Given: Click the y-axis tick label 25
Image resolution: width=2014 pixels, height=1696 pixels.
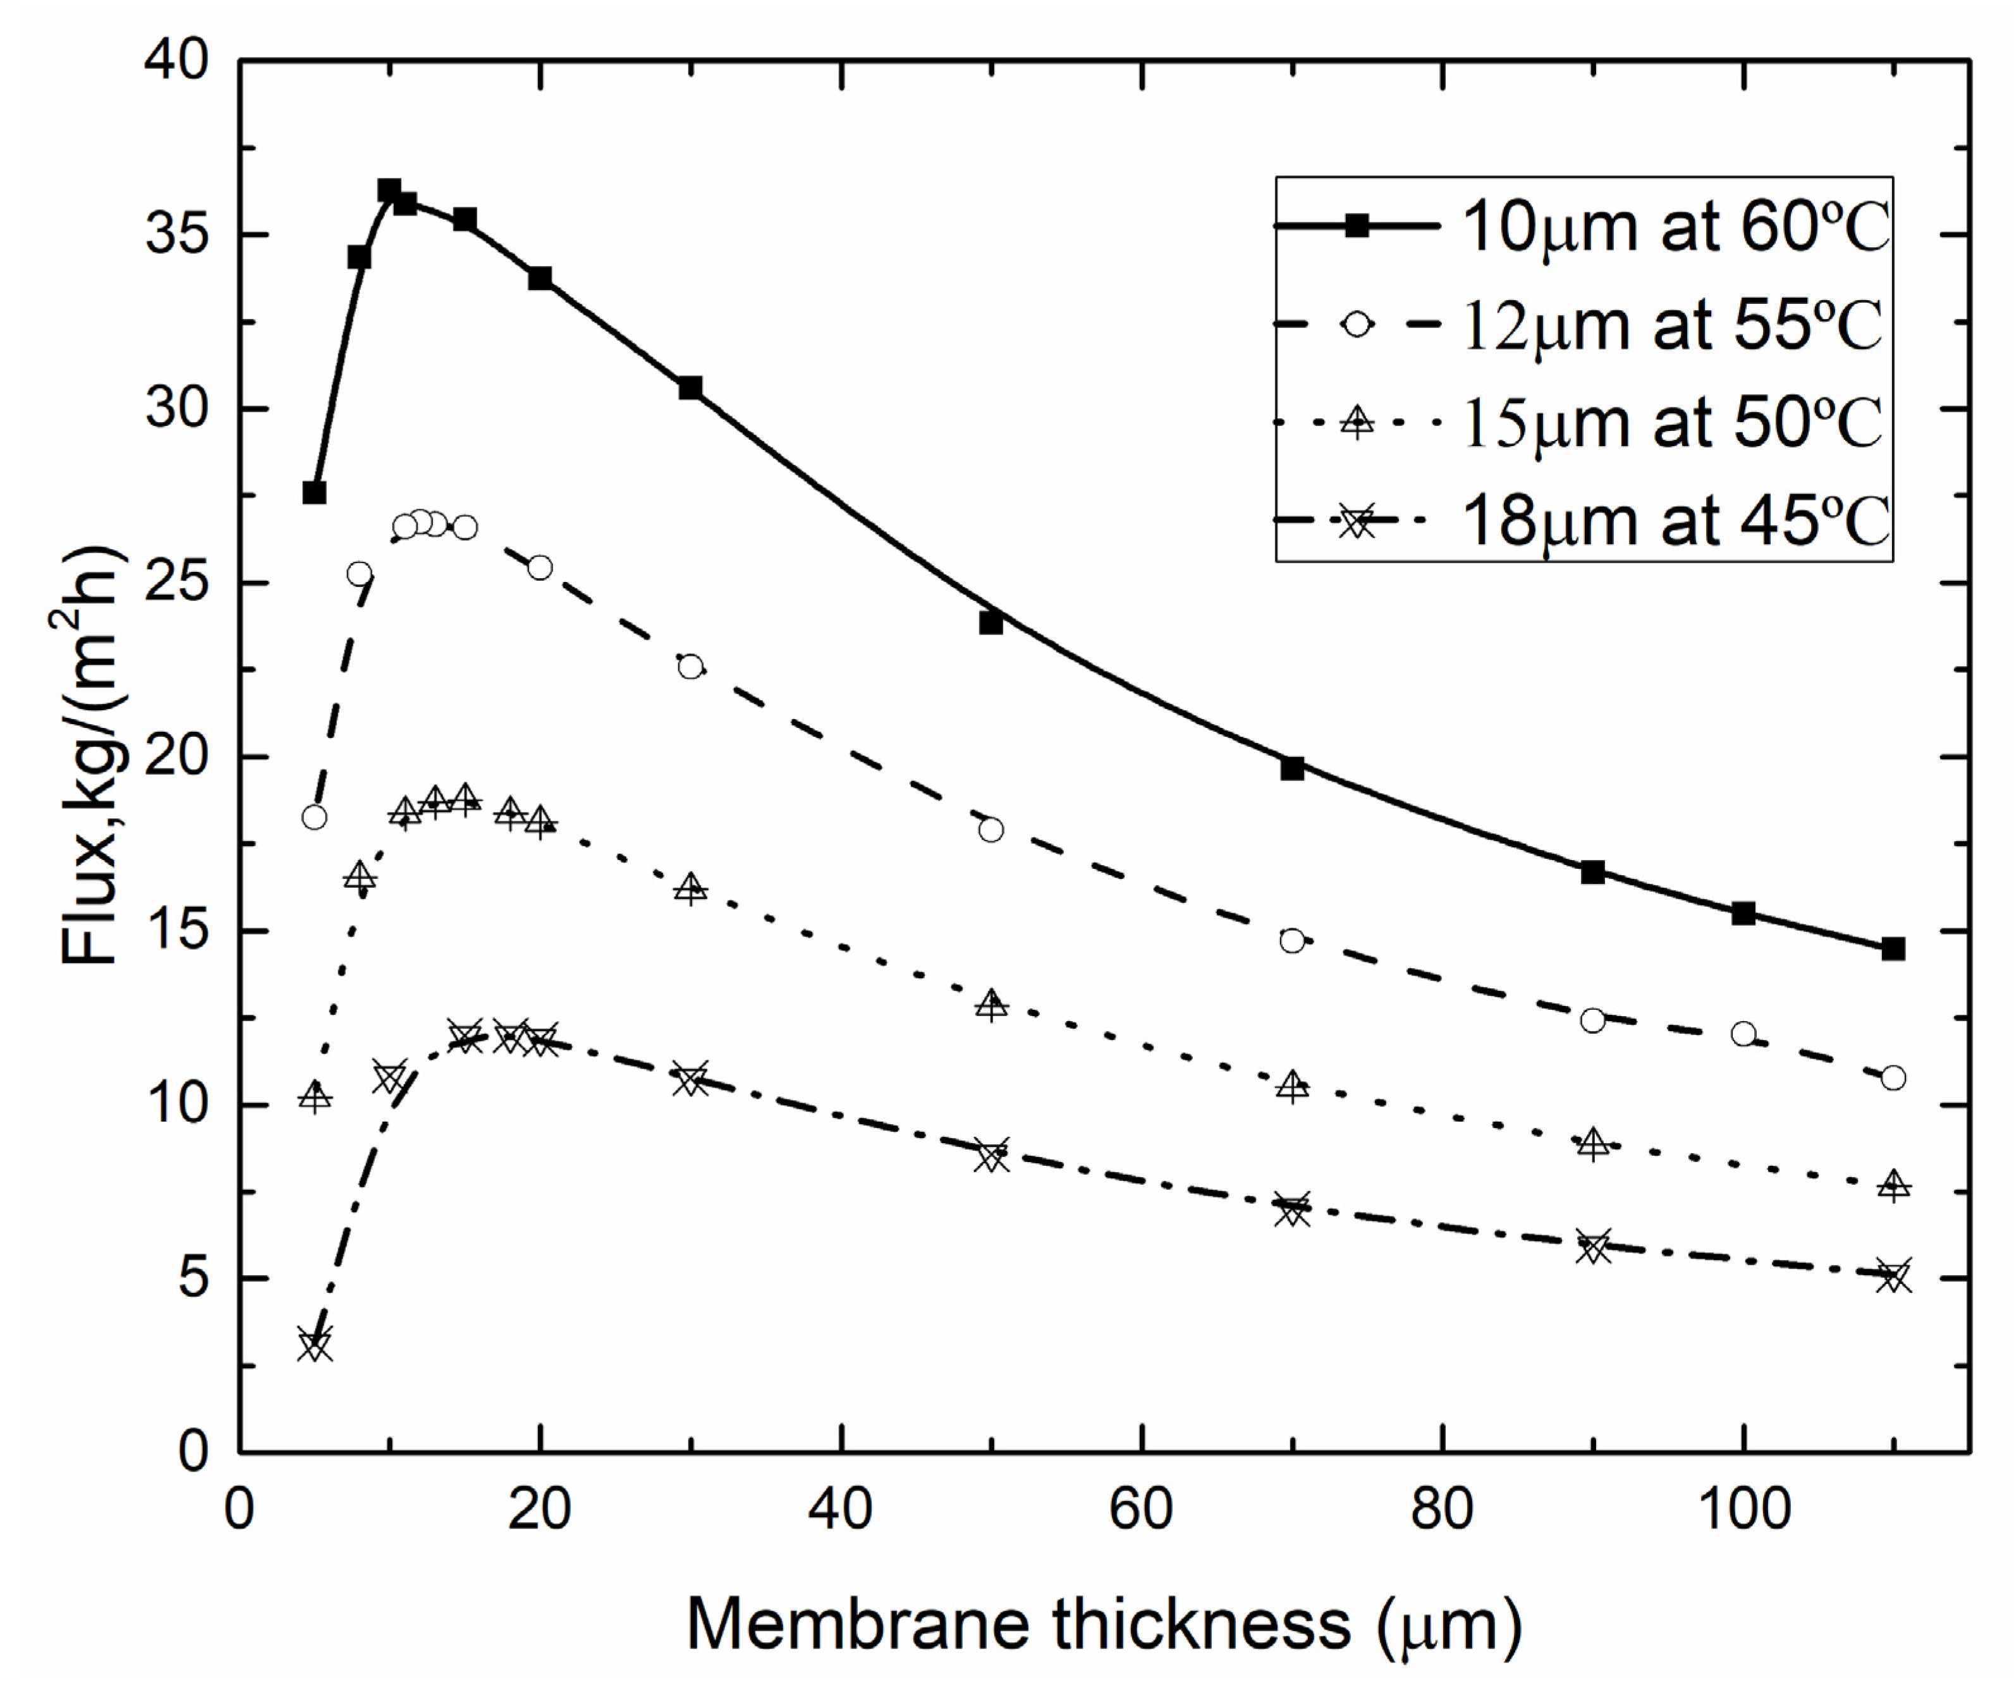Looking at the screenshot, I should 175,584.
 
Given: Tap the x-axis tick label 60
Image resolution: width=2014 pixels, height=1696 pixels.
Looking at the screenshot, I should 1142,1510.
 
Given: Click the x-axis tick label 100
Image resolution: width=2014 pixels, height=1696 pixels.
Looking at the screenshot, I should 1743,1510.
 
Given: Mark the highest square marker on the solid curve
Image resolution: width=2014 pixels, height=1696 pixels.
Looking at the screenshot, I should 389,190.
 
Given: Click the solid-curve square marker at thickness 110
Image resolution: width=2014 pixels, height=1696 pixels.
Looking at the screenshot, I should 1893,949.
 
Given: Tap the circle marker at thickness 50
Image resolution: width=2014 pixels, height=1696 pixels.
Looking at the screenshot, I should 991,829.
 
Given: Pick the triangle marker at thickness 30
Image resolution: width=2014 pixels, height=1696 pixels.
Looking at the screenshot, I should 690,888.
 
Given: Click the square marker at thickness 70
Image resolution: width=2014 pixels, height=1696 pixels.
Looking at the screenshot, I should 1291,768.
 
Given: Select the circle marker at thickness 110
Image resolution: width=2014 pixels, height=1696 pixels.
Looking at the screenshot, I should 1893,1078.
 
